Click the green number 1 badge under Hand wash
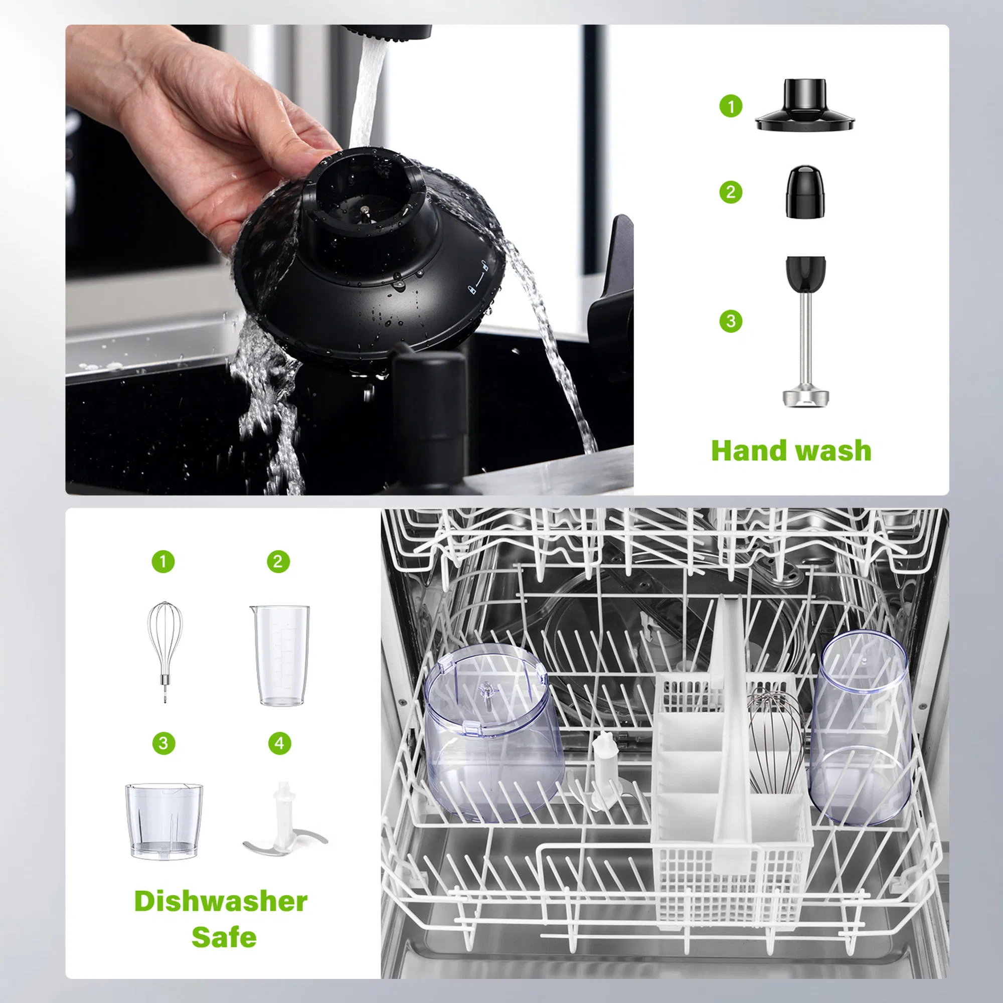(731, 106)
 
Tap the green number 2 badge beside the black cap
(731, 192)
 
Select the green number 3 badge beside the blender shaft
(731, 321)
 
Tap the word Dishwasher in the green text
(221, 901)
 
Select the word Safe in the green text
(224, 937)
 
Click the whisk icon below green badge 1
(164, 650)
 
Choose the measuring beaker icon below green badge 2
(280, 655)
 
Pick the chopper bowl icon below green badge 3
(163, 821)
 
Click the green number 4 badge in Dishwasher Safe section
(279, 743)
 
